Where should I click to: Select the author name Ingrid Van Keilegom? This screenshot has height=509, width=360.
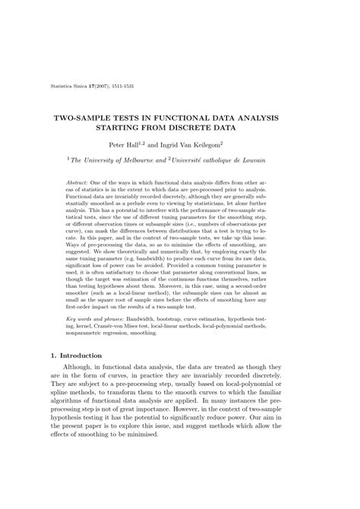coord(205,144)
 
